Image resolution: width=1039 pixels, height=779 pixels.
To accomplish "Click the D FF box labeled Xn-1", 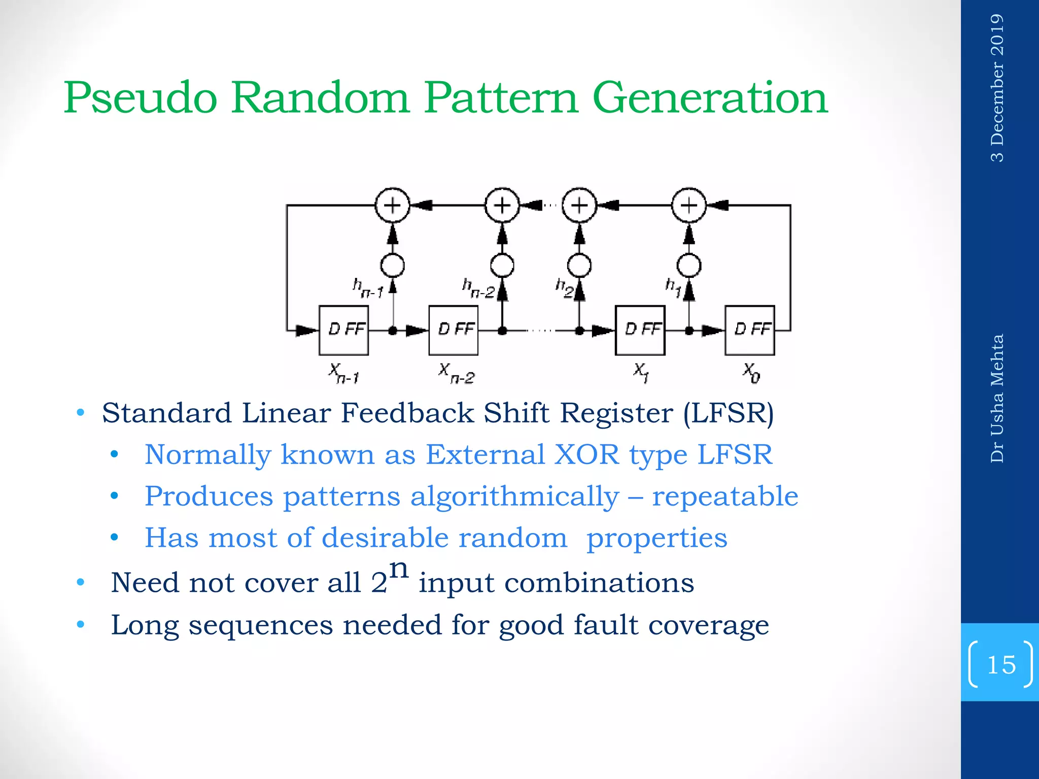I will pos(343,330).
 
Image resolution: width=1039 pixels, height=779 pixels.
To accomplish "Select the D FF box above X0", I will pos(749,330).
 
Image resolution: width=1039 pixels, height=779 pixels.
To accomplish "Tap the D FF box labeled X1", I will pos(640,330).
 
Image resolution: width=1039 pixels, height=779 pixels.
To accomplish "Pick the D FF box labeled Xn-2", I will pos(453,330).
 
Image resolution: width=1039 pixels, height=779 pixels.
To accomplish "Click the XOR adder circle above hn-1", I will pos(392,205).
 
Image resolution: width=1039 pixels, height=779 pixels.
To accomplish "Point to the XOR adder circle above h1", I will pos(688,205).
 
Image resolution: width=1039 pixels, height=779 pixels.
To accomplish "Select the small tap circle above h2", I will pos(579,265).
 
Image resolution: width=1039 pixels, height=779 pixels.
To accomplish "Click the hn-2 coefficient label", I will pos(478,288).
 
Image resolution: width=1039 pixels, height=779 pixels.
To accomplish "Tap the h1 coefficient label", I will pos(673,287).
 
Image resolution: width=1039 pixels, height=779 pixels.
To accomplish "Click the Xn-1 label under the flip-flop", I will pos(343,374).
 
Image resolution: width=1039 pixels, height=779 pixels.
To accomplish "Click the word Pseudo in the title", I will pos(141,97).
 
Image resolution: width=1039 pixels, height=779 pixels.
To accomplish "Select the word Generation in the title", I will pos(710,97).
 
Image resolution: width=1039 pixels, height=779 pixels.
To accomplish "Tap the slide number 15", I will pos(1001,664).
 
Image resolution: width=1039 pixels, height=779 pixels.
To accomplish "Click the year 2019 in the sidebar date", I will pos(997,35).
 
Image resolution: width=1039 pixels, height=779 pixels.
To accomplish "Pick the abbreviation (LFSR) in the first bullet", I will pos(729,413).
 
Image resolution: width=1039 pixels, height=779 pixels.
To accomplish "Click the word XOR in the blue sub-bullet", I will pos(587,454).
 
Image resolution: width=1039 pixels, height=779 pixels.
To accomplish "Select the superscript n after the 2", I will pos(399,569).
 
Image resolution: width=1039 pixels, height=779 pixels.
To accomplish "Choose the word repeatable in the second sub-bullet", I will pos(725,496).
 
